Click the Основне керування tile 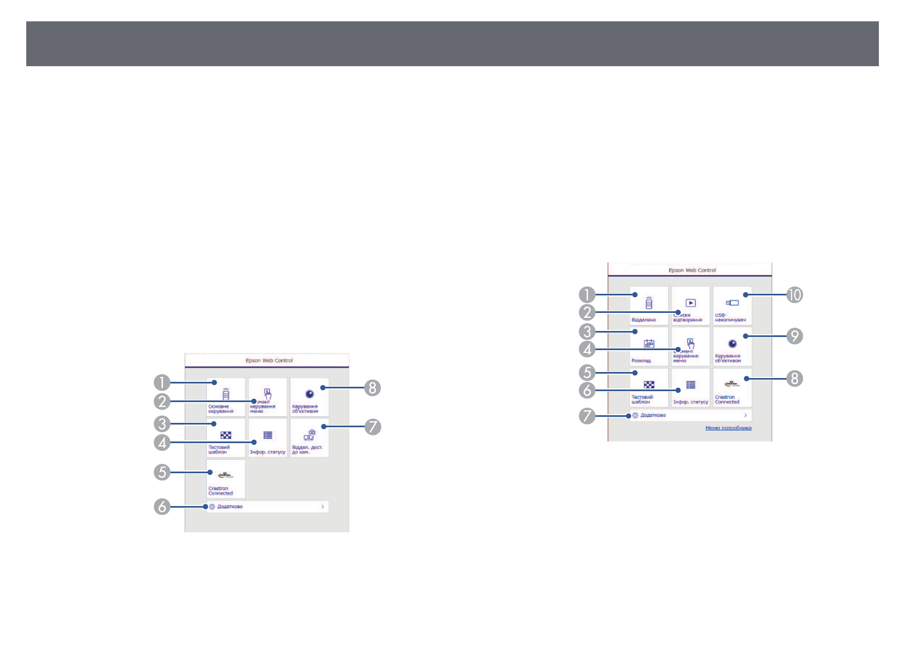click(x=226, y=397)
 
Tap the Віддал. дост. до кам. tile click(x=310, y=438)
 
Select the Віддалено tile click(x=649, y=306)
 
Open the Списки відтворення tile click(x=690, y=306)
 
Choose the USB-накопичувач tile click(x=732, y=306)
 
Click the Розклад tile click(x=649, y=347)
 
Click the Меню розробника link click(x=728, y=428)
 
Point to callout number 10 click(x=795, y=295)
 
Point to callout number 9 click(x=795, y=336)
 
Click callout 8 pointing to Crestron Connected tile click(x=795, y=378)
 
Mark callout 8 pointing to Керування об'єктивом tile click(x=372, y=388)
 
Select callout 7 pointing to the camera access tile click(x=372, y=426)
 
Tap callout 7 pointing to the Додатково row click(x=587, y=416)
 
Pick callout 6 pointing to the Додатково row click(x=162, y=507)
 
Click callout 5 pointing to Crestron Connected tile click(x=162, y=472)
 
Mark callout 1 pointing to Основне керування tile click(x=162, y=382)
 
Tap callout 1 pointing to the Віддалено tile click(x=587, y=295)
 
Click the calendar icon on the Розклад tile click(x=649, y=344)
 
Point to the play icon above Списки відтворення click(x=691, y=303)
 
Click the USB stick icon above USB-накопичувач click(x=732, y=303)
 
